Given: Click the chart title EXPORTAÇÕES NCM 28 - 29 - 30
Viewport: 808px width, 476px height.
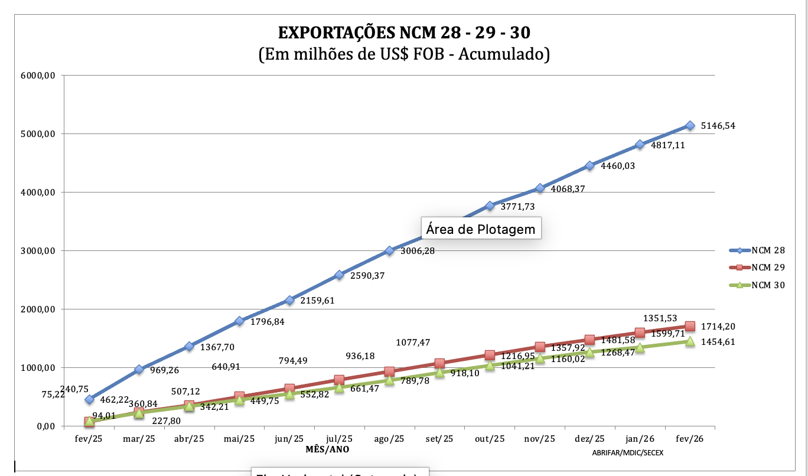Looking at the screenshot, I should [404, 32].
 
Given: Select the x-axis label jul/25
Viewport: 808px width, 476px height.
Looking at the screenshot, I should [339, 439].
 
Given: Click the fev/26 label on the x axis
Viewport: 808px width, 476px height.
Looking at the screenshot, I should [690, 439].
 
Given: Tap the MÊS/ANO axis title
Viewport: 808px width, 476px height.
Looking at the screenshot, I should [327, 449].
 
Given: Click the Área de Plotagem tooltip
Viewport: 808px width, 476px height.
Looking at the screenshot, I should [480, 229].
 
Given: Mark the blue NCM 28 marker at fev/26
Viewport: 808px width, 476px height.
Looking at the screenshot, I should [690, 125].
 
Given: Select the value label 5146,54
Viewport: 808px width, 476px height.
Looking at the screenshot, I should [718, 126].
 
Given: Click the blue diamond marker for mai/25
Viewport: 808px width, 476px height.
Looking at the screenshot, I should [239, 321].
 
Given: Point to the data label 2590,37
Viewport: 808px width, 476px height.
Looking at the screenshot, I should [367, 276].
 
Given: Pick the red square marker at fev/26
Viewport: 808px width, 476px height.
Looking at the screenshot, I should [690, 326].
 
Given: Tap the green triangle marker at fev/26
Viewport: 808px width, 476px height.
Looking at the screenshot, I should [690, 341].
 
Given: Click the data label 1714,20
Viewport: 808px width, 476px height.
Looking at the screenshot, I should [718, 327].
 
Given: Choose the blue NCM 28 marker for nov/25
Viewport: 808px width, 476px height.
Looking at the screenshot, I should [540, 188].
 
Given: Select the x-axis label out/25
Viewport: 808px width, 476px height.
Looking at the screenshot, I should [490, 439].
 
